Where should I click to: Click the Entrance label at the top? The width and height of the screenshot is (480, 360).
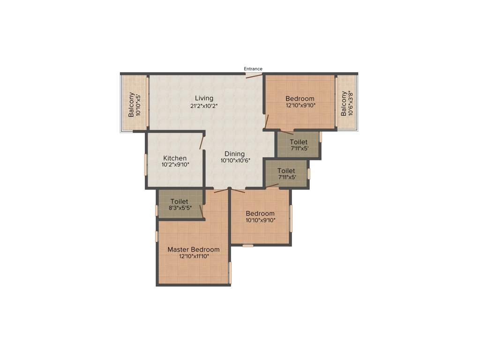point(253,69)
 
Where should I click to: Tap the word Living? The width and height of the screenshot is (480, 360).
point(204,98)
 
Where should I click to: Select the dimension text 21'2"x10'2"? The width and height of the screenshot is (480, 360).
point(204,106)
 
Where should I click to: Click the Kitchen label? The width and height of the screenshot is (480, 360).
point(175,158)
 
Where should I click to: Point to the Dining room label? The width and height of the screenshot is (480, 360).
point(234,154)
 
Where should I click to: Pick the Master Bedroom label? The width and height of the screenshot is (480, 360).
point(194,249)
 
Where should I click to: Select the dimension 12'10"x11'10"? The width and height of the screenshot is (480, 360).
point(194,256)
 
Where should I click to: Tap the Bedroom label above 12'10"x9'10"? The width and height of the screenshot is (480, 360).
point(300,98)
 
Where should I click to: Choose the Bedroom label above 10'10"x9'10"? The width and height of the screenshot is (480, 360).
point(260,213)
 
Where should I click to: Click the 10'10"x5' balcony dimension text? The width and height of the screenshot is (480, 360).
point(138,105)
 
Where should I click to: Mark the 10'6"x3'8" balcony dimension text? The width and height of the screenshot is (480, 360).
point(350,104)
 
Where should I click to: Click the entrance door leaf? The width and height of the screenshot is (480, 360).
point(254,75)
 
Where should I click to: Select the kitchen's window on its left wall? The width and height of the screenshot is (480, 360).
point(146,164)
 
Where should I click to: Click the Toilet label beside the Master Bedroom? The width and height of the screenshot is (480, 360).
point(179,202)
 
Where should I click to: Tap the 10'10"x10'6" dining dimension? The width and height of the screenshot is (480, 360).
point(235,160)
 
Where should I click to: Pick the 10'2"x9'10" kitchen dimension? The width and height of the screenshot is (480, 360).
point(175,165)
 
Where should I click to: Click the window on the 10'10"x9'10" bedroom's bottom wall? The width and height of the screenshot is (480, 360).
point(248,245)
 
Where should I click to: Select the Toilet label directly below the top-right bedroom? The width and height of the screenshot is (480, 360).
point(299,142)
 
